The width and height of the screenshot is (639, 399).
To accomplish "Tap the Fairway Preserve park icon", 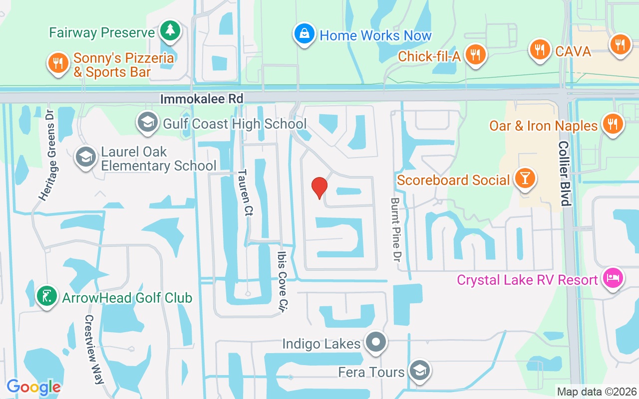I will (170, 31).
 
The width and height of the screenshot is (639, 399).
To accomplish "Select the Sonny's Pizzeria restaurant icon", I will (58, 63).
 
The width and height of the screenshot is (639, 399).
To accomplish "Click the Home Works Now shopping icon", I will (303, 34).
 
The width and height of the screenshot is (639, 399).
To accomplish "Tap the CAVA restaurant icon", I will (539, 49).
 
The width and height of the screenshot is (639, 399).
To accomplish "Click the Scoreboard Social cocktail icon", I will (525, 178).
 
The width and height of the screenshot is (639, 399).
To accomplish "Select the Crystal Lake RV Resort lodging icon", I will (612, 277).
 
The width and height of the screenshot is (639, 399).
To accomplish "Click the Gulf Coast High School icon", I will (148, 122).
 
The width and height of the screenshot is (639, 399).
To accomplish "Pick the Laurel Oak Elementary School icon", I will (86, 157).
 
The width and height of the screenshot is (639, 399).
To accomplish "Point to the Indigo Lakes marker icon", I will (376, 342).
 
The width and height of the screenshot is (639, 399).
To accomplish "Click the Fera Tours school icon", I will (419, 370).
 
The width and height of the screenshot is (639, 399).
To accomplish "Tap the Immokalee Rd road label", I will (202, 99).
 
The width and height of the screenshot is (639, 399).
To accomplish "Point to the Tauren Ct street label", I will (245, 193).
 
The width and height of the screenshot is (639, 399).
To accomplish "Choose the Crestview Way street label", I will (93, 349).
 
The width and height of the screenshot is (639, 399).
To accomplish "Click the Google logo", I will (33, 387).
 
